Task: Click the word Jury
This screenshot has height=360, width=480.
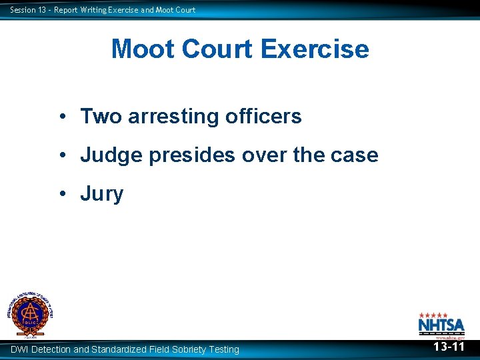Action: (x=102, y=194)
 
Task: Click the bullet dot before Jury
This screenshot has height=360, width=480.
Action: (x=61, y=194)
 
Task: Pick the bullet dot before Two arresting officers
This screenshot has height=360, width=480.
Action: (x=61, y=117)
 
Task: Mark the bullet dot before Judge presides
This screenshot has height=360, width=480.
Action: (x=61, y=155)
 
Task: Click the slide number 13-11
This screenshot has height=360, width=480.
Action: (x=449, y=347)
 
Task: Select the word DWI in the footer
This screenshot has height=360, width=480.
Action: (x=19, y=349)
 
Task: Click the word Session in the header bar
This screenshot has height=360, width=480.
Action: (x=23, y=9)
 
